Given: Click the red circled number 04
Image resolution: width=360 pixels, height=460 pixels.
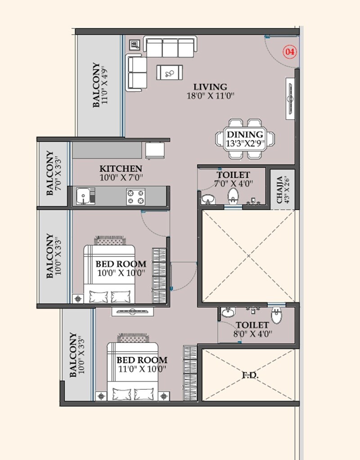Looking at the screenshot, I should [290, 52].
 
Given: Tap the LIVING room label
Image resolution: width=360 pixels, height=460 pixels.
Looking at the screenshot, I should [210, 86].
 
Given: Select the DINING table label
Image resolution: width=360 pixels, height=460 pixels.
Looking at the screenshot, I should [245, 135].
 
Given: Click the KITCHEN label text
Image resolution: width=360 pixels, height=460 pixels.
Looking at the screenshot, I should [121, 169].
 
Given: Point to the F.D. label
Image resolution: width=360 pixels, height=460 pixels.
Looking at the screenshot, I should [250, 375].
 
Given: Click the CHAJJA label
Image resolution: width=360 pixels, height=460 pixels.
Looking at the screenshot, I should [280, 189].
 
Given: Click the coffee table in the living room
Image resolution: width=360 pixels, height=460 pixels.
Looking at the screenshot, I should [170, 72].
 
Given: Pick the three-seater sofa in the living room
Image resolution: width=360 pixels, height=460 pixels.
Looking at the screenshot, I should [170, 47].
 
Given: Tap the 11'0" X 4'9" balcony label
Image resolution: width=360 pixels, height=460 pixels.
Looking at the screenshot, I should [105, 85].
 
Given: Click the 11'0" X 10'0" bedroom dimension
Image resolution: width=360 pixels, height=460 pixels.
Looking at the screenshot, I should [142, 369].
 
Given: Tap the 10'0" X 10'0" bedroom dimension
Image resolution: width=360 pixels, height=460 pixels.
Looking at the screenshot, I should [121, 273].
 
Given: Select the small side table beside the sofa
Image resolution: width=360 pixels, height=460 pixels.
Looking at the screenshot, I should [135, 45].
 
